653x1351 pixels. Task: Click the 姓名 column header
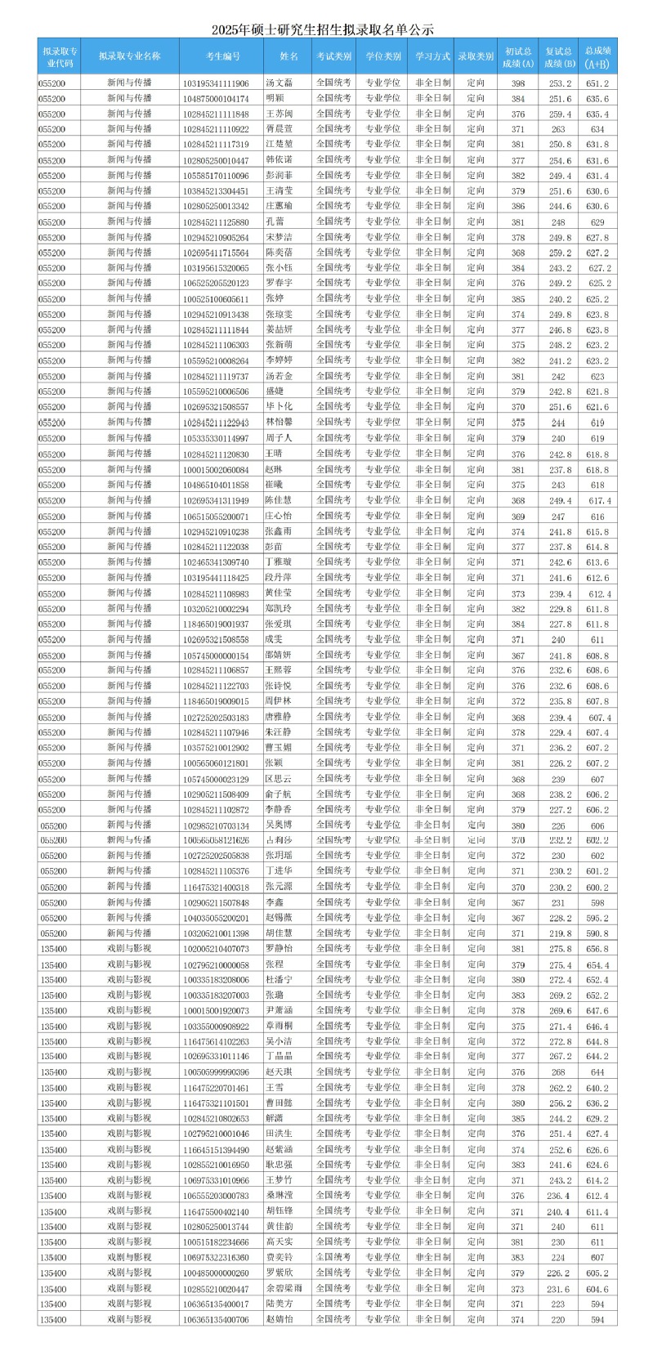click(288, 56)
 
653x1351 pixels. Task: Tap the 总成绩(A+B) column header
click(597, 56)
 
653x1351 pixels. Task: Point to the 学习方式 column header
click(432, 56)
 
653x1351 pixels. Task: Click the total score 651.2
click(597, 83)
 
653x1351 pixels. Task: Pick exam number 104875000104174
click(217, 99)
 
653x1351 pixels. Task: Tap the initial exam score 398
click(518, 83)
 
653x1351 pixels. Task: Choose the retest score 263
click(558, 129)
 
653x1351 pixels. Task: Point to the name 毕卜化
click(280, 406)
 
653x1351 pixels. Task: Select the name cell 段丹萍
click(280, 577)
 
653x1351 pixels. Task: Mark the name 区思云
click(280, 779)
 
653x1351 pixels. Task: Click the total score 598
click(597, 903)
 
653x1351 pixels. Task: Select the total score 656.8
click(597, 949)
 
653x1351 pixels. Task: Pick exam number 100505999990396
click(217, 1072)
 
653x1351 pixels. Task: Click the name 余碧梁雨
click(284, 1288)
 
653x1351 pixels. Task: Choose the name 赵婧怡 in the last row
click(280, 1319)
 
